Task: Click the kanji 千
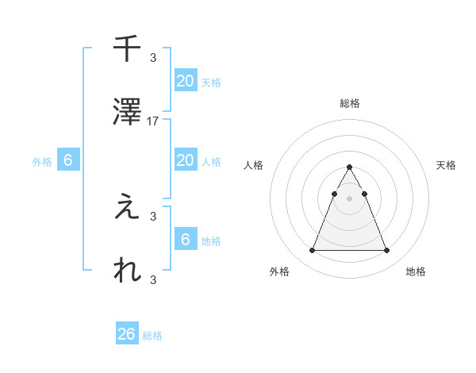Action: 127,49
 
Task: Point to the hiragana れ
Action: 127,270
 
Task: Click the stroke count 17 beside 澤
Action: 154,121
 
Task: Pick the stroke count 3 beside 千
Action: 153,58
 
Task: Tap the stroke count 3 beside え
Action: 153,216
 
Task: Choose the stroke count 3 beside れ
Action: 153,279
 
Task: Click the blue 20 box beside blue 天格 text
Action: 186,80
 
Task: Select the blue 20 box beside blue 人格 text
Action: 186,160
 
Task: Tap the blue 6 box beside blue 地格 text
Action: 186,239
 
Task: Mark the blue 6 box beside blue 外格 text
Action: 68,160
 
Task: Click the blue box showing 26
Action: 127,334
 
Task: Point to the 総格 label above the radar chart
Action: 349,103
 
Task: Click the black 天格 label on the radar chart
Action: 446,165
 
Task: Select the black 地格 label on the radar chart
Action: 416,271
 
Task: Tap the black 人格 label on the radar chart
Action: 253,165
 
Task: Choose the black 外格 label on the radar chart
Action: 279,271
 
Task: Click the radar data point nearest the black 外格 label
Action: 312,251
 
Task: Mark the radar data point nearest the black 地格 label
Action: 386,251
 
